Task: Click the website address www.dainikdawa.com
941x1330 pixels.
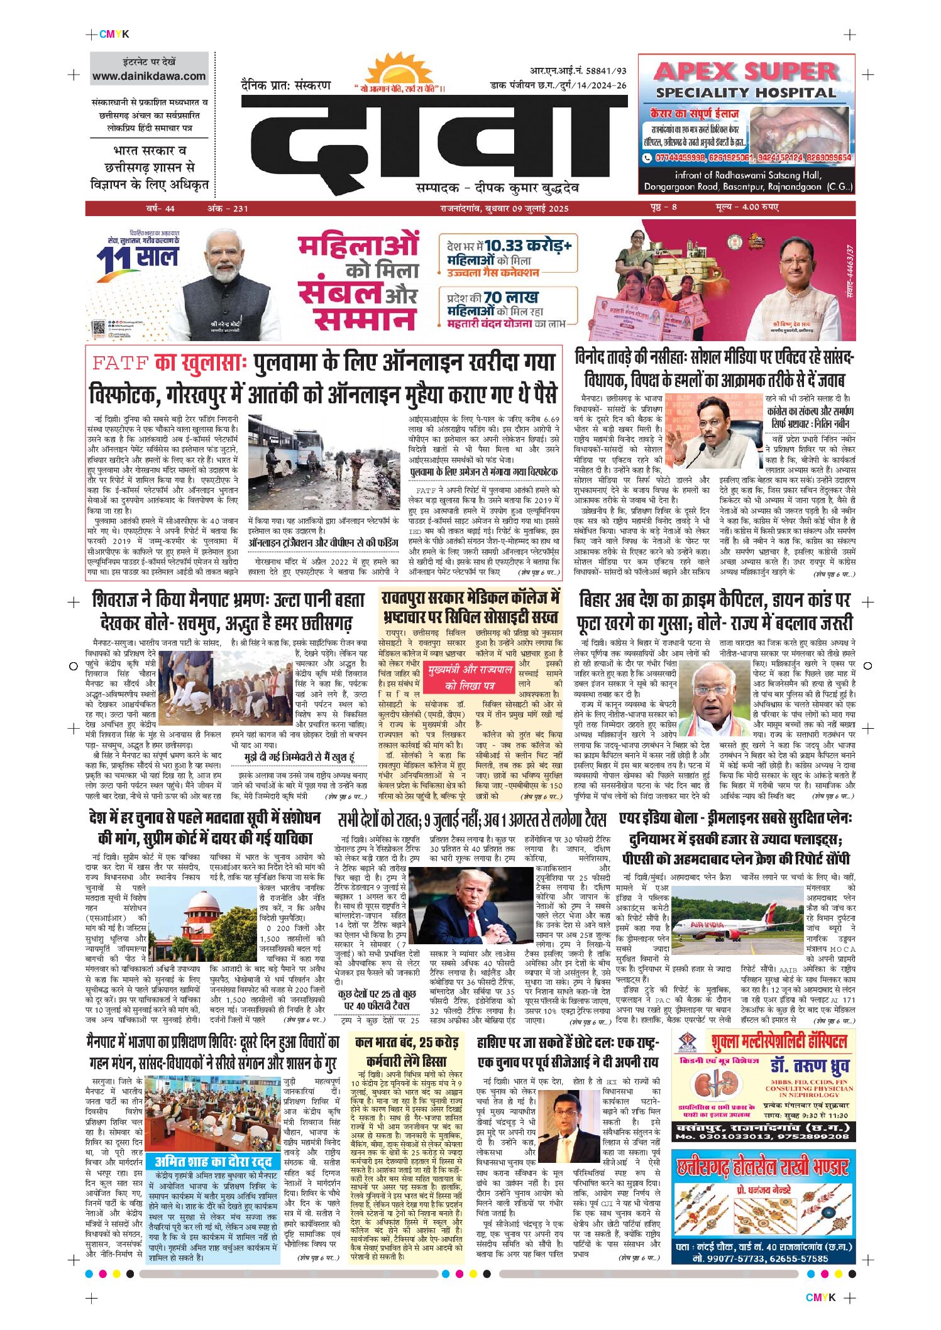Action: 149,77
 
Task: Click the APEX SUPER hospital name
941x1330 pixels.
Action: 746,71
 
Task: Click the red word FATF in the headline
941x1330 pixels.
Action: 120,362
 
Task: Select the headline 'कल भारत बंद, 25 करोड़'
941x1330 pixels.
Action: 406,1042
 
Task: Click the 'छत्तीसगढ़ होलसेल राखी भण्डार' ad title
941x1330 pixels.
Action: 762,1167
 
